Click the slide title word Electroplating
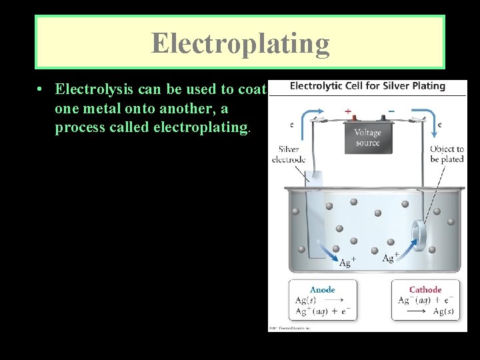pos(240,43)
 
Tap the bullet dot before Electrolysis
pos(41,89)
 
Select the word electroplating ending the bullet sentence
pos(201,127)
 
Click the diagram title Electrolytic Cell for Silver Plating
pos(367,86)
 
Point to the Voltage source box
pos(367,137)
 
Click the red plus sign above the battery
pos(347,111)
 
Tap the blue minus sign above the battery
pos(390,111)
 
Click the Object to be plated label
pos(447,154)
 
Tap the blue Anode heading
pos(323,289)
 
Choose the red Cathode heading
pos(425,289)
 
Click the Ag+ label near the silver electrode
pos(347,263)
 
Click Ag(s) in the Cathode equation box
pos(443,311)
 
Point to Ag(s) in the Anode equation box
pos(306,300)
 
